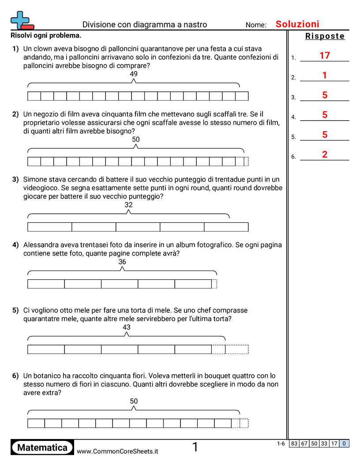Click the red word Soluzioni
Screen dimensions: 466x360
(297, 24)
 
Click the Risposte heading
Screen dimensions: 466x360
(325, 36)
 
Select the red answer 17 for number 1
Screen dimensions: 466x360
(325, 56)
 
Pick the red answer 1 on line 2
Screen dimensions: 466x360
(325, 75)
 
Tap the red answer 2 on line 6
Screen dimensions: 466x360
(325, 154)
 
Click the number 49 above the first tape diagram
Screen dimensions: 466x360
(134, 74)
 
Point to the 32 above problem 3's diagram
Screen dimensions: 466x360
(128, 205)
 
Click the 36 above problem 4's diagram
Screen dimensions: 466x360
(122, 262)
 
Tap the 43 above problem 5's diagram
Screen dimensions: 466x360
(127, 327)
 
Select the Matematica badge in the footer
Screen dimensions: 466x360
(42, 448)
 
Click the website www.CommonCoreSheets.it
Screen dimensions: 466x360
(117, 451)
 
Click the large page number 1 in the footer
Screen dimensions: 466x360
(195, 447)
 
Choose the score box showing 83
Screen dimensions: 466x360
(294, 444)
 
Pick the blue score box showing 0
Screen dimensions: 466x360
(345, 444)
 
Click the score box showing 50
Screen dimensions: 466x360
(314, 444)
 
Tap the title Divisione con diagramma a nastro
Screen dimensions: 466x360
(145, 25)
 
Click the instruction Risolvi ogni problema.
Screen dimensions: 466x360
(46, 35)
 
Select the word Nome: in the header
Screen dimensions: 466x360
(256, 25)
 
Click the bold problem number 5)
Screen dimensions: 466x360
(15, 310)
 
